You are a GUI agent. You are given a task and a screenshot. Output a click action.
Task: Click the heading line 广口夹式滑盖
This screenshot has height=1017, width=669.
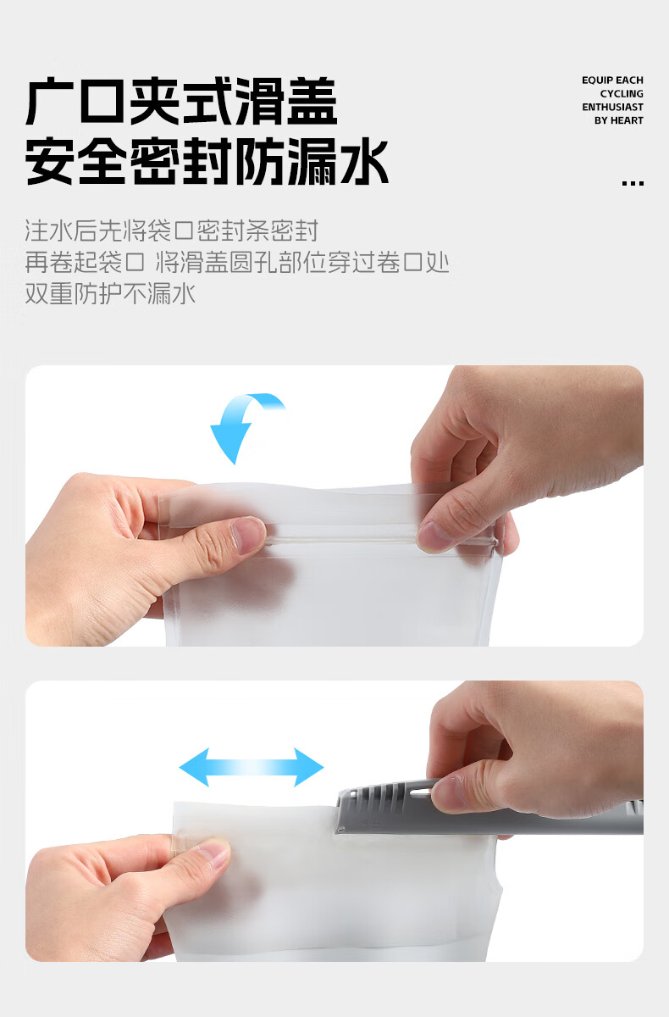click(x=181, y=103)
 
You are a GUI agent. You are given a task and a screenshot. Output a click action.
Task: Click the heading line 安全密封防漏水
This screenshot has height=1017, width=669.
click(x=207, y=162)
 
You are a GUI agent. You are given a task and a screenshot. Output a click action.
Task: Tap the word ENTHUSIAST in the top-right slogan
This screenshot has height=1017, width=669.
click(x=612, y=108)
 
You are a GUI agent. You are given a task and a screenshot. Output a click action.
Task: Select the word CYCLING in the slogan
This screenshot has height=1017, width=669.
click(x=622, y=94)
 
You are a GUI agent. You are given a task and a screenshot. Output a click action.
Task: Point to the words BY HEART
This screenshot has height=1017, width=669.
click(x=618, y=121)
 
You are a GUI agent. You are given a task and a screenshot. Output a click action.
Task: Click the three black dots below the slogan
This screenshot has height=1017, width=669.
click(x=632, y=183)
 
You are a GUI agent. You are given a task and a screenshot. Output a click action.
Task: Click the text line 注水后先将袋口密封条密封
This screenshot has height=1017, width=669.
click(x=172, y=231)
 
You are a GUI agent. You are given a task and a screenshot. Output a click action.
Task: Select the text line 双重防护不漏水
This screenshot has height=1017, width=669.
click(x=110, y=294)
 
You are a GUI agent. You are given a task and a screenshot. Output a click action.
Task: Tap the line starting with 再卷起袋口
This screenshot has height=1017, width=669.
click(x=236, y=262)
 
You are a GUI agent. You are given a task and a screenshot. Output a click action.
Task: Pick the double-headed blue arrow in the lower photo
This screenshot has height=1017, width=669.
click(x=252, y=768)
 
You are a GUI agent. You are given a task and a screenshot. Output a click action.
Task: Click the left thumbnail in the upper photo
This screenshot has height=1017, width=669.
click(x=248, y=535)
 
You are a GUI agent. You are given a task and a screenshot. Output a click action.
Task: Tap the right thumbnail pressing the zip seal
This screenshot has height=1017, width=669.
click(x=436, y=535)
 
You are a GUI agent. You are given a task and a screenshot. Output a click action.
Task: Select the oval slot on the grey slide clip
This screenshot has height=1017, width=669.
click(x=418, y=793)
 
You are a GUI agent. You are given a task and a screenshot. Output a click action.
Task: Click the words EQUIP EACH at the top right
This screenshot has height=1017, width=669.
click(x=612, y=81)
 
